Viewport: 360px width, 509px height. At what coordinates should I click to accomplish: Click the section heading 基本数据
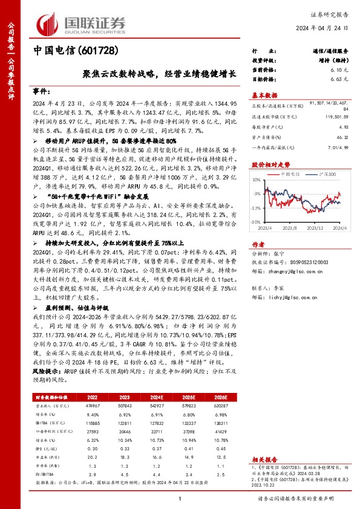(x=264, y=95)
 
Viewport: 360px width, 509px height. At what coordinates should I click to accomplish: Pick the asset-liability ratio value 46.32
(x=342, y=138)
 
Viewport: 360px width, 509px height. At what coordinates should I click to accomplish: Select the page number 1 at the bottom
(x=180, y=498)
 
